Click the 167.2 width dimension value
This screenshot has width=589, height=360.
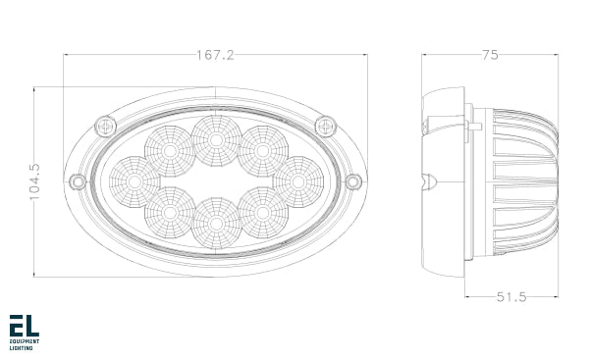coord(215,56)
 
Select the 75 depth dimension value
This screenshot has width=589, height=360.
coord(490,56)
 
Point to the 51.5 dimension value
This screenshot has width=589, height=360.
coord(510,295)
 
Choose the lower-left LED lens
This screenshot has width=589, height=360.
coord(169,212)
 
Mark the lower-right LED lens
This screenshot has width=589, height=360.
coord(262,212)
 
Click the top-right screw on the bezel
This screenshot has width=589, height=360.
coord(326,126)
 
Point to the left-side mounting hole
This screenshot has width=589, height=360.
coord(77,181)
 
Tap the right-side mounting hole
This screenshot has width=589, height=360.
coord(354,181)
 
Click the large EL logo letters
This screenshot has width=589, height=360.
coord(24,326)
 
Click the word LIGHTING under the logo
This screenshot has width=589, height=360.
coord(21,348)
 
